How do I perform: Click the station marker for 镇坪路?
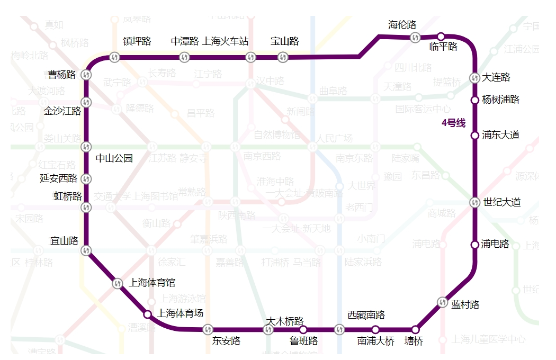tap(114, 57)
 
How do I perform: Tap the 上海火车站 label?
tap(226, 41)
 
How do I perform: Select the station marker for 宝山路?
tap(283, 57)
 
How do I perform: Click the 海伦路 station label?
tap(402, 25)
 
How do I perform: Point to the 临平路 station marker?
tap(441, 37)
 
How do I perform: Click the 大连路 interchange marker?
tap(475, 78)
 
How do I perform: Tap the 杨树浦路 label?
tap(500, 100)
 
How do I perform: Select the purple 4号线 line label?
tap(453, 123)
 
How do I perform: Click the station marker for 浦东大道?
tap(475, 136)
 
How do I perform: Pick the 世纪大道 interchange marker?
tap(475, 202)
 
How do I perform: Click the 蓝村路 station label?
tap(465, 304)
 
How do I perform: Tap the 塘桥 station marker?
tap(416, 329)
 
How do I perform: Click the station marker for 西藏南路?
tap(339, 329)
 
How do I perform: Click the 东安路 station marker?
tap(208, 329)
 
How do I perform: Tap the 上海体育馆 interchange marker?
tap(118, 283)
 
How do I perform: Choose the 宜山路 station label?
tap(65, 241)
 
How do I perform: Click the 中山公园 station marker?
tap(86, 147)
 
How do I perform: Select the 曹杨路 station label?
tap(62, 75)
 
